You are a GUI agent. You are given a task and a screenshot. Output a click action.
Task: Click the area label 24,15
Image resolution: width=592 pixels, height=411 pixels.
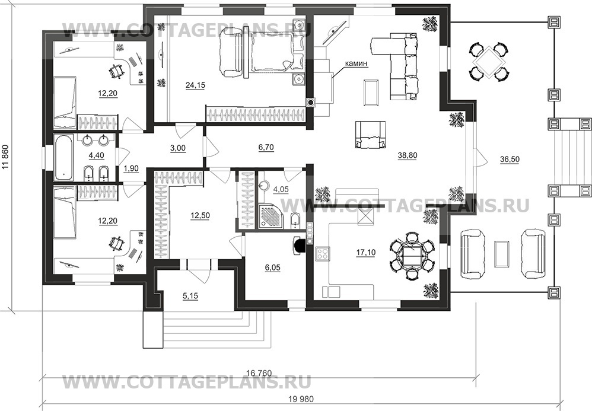point(195,85)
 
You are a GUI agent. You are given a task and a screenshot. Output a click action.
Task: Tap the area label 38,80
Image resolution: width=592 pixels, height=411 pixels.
point(408,155)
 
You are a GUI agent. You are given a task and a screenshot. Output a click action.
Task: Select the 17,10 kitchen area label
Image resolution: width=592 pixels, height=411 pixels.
point(366,253)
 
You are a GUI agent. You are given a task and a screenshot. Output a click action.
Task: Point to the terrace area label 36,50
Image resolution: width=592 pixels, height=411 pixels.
point(510,160)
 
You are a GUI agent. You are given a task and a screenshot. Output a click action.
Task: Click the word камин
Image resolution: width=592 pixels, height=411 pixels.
point(357,64)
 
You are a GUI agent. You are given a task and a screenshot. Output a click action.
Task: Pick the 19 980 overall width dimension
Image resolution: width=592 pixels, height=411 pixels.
point(301,399)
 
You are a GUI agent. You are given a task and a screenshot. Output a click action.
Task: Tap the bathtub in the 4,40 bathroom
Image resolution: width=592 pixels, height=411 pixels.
point(63,157)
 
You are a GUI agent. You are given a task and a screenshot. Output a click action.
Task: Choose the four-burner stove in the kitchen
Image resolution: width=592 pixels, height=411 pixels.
point(323,254)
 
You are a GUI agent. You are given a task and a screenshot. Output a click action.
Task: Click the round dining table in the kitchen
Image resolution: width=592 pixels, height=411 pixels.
point(412,256)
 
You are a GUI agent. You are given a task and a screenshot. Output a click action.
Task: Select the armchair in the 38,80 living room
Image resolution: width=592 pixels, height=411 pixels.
point(370,135)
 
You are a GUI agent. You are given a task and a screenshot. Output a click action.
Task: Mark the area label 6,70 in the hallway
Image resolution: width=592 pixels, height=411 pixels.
point(266,148)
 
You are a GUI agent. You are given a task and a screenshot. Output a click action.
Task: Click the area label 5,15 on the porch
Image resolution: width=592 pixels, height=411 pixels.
point(190,297)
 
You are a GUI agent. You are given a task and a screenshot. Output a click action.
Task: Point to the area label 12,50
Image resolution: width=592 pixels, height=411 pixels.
point(200,215)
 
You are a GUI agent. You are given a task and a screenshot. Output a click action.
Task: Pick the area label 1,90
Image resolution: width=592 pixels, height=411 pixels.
point(131,168)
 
